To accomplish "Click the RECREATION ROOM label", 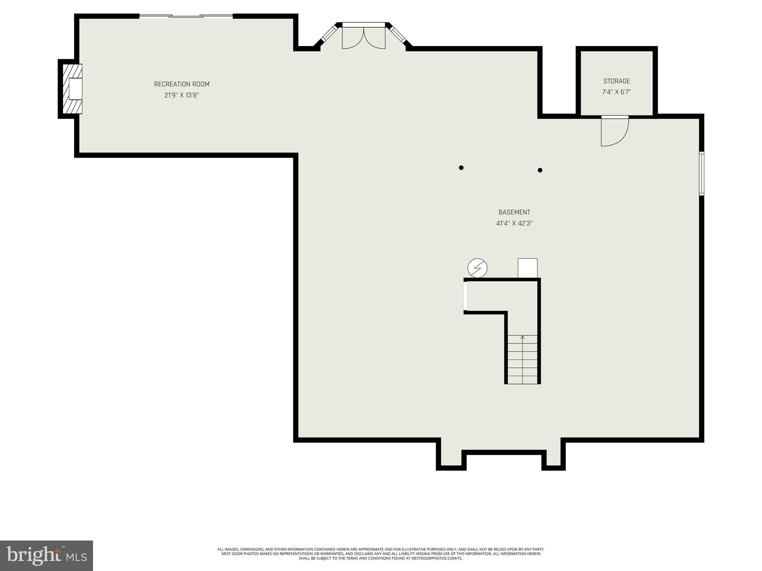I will [x=182, y=84].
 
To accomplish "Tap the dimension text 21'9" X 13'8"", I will [x=182, y=96].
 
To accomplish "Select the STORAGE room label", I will [x=617, y=81].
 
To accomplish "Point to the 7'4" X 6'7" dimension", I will [x=617, y=92].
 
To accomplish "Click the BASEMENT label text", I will [x=514, y=212].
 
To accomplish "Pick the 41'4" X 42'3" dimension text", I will [x=514, y=223].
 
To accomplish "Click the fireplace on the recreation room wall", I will [x=72, y=89].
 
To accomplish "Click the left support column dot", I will [x=461, y=168].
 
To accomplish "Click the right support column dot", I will [x=540, y=170].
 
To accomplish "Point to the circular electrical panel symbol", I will [x=477, y=268].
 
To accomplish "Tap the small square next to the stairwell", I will [x=528, y=268].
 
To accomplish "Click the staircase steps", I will [x=522, y=360].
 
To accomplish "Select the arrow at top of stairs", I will [x=522, y=338].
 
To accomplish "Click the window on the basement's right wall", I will [x=701, y=173].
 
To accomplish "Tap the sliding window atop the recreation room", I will [x=186, y=16].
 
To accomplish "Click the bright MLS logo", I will [x=47, y=555].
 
